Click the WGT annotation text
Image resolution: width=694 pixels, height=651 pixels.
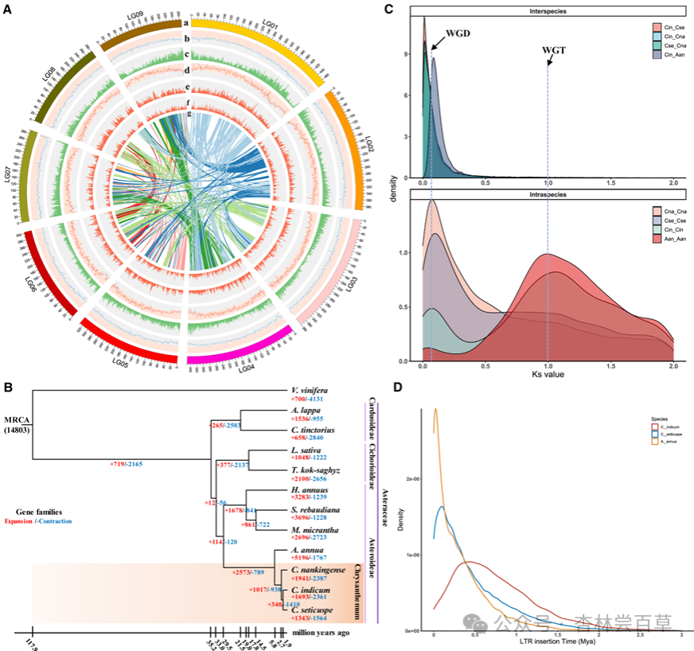[556, 50]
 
